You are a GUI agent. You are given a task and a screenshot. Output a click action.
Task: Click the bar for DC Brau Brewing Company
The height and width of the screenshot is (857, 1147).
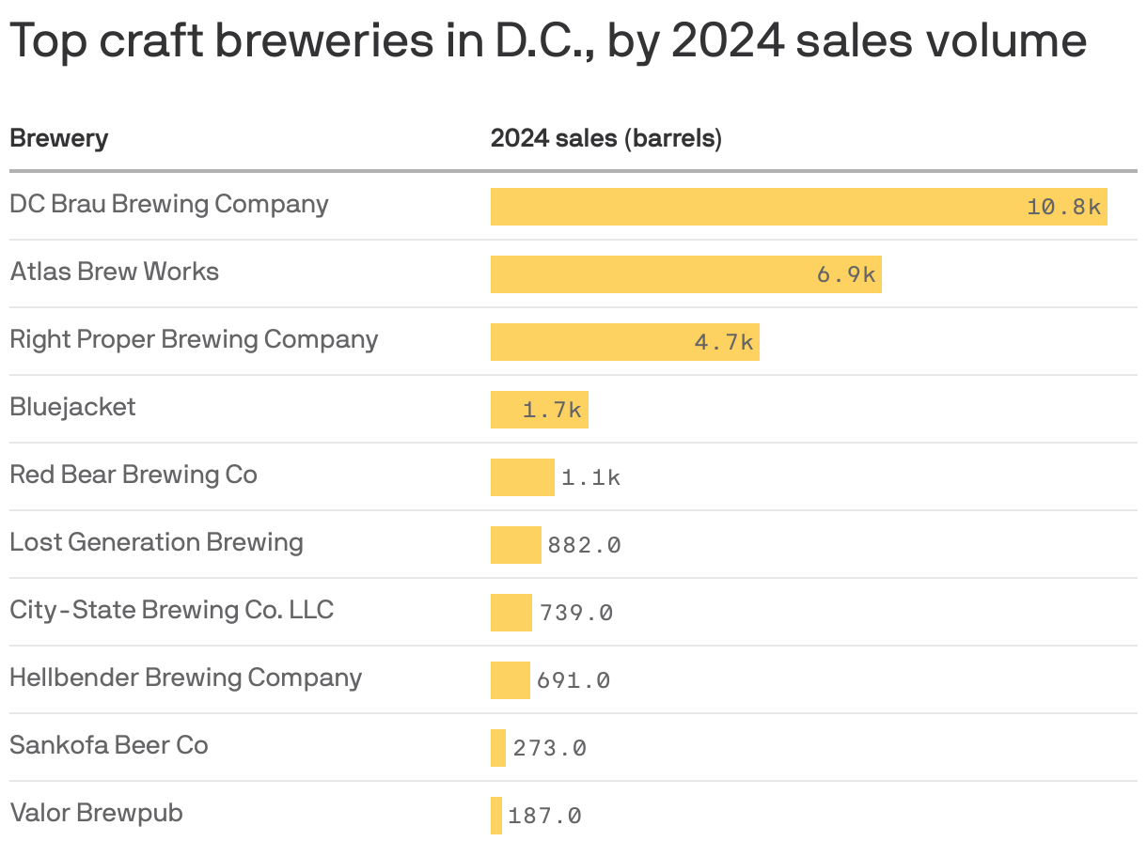coord(752,207)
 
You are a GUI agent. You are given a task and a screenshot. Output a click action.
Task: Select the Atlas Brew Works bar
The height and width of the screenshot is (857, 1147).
coord(658,274)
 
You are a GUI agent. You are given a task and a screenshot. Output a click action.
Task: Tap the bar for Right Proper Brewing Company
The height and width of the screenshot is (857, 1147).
coord(592,342)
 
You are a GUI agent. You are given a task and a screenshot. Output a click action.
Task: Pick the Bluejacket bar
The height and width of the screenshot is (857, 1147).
coord(508,410)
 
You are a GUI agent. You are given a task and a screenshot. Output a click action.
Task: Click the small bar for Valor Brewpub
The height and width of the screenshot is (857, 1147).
coord(496,816)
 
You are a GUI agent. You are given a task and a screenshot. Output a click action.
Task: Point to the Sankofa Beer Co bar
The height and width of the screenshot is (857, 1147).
coord(498,748)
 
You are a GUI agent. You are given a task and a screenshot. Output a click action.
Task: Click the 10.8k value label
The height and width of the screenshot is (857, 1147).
coord(1063,207)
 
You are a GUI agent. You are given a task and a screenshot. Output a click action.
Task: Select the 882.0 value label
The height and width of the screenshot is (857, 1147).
coord(584,545)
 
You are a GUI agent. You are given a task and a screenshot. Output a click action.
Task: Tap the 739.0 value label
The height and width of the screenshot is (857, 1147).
coord(576,613)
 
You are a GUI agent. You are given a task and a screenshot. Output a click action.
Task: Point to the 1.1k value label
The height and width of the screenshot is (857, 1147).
coord(590,477)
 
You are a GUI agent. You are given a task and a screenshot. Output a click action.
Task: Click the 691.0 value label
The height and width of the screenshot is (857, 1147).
coord(573,680)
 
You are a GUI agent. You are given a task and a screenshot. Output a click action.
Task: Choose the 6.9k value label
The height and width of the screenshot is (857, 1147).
coord(846,274)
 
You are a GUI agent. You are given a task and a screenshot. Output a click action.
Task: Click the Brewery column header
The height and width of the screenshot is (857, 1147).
coord(58,139)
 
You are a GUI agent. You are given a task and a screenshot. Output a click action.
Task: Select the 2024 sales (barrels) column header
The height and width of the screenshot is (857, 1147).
coord(605,139)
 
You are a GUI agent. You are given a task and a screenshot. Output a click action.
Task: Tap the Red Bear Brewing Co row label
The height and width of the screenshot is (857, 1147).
coord(134,475)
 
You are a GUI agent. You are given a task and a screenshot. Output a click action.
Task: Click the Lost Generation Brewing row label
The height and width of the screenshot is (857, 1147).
coord(156,542)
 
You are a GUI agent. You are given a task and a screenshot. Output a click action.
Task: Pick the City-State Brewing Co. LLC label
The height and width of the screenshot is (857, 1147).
coord(171,610)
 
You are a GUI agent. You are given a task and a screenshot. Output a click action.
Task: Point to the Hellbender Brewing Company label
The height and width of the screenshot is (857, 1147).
coord(185,678)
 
